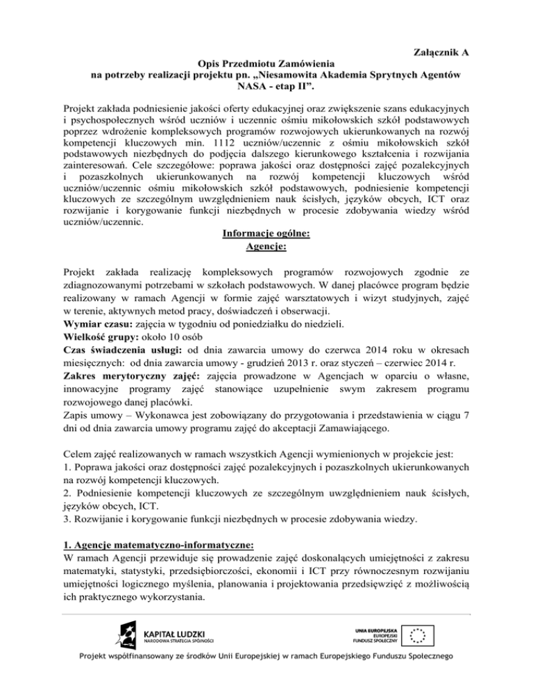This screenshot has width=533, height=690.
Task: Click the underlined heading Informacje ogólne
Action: [266, 235]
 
